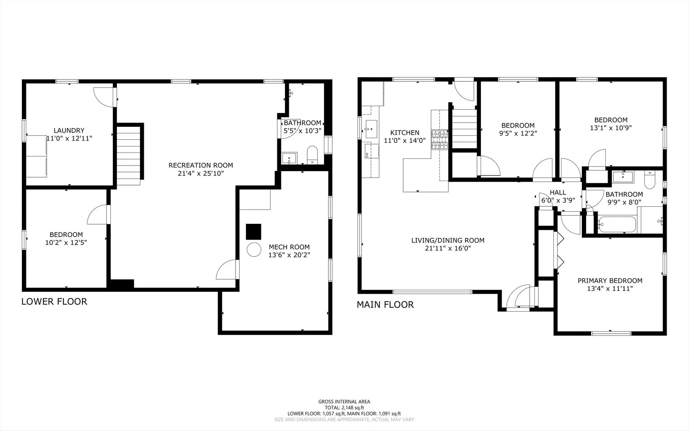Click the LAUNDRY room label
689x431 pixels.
point(69,130)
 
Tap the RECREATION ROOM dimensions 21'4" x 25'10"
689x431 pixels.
point(200,174)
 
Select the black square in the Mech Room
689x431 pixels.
point(253,232)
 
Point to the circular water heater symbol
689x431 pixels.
point(254,250)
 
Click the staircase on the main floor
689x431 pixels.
point(464,129)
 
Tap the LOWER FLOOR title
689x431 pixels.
point(54,302)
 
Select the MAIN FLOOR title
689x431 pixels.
point(385,305)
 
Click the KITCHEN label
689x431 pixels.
point(404,132)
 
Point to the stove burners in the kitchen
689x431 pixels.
point(440,140)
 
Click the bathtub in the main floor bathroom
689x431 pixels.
point(616,224)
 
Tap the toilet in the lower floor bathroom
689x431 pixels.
point(312,155)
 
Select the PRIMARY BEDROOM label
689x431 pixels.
point(610,281)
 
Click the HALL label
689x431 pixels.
point(558,193)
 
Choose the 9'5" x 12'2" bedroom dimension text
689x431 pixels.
point(518,134)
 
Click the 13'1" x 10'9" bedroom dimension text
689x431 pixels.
point(610,128)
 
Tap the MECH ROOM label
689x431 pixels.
point(289,247)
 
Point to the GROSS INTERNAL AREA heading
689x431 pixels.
point(344,402)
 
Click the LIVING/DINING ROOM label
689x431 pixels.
point(448,240)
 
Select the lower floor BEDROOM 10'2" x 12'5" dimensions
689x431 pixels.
point(66,242)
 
